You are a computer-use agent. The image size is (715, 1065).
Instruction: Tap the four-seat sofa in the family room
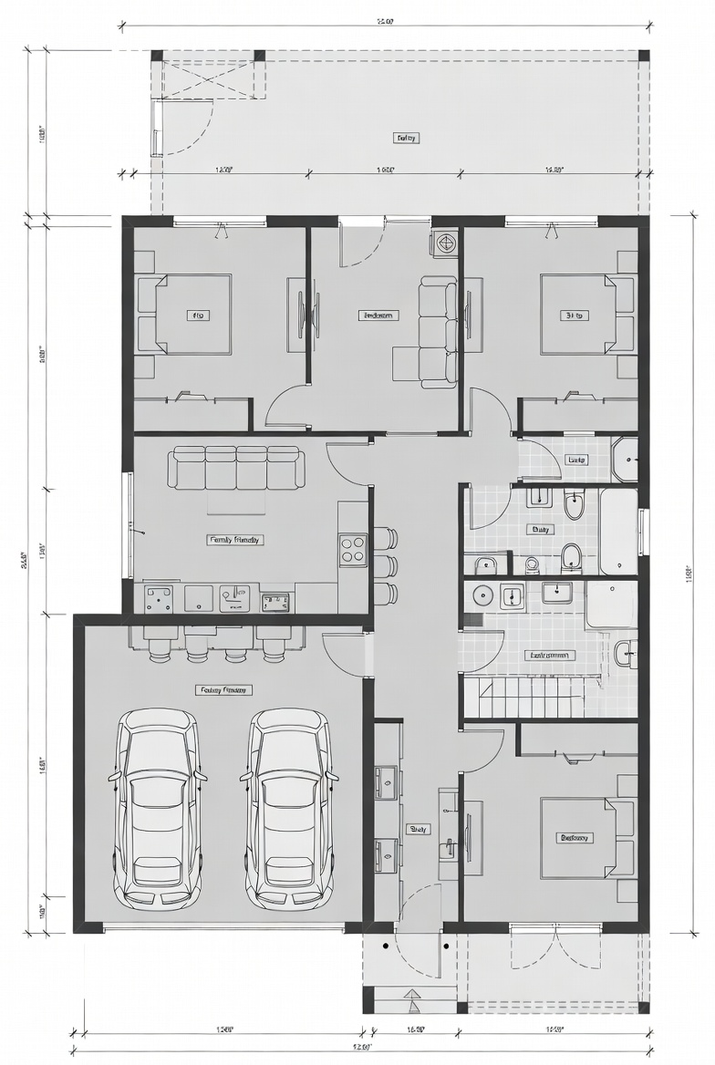236,467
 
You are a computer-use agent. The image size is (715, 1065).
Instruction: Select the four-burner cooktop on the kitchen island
352,548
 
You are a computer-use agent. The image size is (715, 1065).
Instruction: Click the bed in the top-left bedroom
192,315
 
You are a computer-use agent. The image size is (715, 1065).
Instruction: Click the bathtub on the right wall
618,531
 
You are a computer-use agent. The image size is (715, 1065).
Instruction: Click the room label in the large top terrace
406,139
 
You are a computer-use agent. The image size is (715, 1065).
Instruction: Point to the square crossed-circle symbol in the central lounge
445,243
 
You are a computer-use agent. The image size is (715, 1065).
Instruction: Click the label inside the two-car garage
223,690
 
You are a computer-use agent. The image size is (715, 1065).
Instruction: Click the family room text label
235,540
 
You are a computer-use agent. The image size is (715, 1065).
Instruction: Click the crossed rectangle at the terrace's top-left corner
215,79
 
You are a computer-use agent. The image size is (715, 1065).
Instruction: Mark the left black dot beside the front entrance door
386,946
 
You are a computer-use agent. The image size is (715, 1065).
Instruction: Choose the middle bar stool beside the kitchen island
385,565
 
